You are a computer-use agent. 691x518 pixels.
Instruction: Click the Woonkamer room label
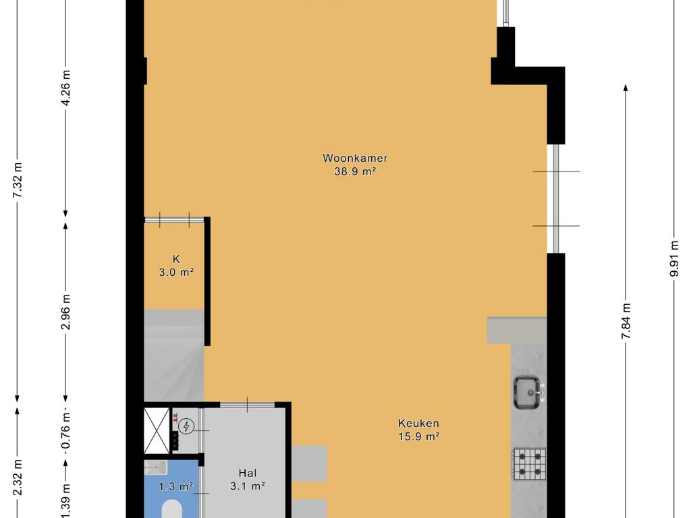355,158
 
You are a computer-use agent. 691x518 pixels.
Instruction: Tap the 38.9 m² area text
355,172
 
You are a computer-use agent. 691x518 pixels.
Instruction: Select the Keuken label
418,424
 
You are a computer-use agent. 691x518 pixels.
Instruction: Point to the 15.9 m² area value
418,437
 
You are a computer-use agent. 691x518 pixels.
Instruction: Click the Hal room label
247,473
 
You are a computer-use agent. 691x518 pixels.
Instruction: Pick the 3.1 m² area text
247,486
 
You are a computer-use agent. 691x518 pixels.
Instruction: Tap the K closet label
176,259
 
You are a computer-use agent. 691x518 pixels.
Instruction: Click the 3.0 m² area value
176,272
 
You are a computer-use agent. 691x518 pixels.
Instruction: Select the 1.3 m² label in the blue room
176,486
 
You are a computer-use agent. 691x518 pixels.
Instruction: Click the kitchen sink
528,392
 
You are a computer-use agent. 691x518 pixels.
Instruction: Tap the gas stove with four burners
529,464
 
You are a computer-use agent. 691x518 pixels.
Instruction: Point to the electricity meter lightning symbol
186,426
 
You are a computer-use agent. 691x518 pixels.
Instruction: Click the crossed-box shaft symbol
157,430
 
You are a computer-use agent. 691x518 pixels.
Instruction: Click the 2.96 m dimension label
65,312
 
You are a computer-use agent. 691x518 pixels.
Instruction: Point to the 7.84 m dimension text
626,321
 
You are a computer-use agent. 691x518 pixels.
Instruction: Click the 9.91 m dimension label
674,258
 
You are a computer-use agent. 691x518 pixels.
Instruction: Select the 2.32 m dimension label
17,477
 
